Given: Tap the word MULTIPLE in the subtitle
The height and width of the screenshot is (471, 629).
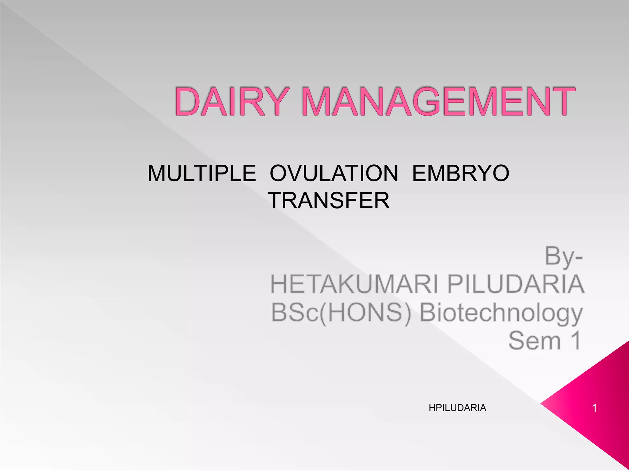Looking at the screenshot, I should pyautogui.click(x=201, y=174).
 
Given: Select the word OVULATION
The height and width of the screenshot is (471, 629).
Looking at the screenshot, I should pyautogui.click(x=334, y=174).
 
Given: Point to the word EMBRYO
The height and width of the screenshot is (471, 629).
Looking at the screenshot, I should pyautogui.click(x=460, y=174).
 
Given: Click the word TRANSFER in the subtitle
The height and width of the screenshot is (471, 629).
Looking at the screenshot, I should pyautogui.click(x=328, y=201).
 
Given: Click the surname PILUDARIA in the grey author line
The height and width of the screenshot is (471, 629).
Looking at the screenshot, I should pyautogui.click(x=515, y=284).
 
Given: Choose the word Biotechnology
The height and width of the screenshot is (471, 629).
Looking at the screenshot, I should pyautogui.click(x=501, y=313).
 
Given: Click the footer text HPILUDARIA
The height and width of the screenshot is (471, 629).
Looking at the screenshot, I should pyautogui.click(x=457, y=408).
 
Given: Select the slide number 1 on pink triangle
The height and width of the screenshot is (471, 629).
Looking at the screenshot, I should pyautogui.click(x=594, y=408).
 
